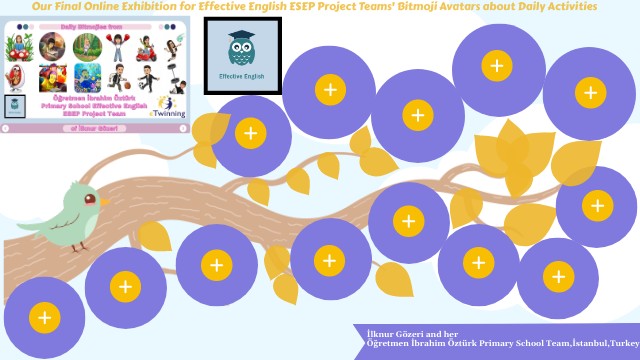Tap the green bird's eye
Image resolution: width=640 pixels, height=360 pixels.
[x=89, y=199]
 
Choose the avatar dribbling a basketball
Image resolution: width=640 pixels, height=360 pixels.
[x=119, y=77]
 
